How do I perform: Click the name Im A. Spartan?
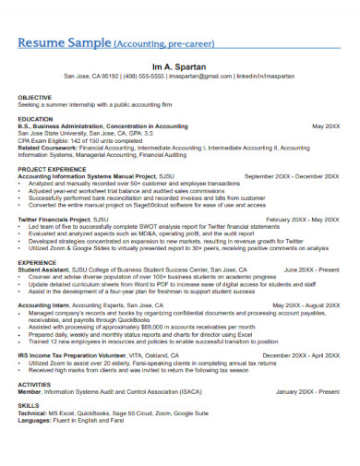point(180,65)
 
